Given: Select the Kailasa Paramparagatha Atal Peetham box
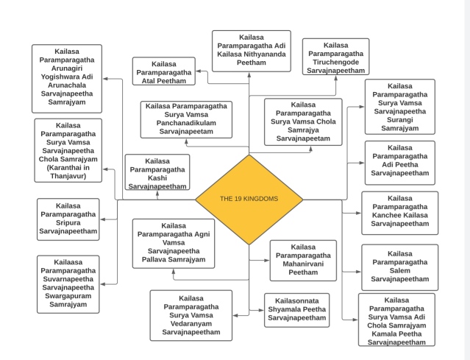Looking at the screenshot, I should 164,71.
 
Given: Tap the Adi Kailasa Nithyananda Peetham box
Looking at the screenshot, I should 251,51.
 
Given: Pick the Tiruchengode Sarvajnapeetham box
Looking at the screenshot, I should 335,57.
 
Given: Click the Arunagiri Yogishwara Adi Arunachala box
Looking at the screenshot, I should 67,77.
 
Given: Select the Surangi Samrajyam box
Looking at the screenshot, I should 399,107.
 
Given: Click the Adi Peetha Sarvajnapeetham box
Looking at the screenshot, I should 399,163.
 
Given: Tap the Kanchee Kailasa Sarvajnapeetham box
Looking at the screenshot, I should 399,213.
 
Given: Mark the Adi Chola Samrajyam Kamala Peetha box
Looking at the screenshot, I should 396,320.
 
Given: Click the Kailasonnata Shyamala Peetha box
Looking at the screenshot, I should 296,310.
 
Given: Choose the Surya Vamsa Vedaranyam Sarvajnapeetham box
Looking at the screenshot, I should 191,315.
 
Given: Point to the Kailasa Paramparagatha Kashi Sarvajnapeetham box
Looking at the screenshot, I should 157,173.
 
